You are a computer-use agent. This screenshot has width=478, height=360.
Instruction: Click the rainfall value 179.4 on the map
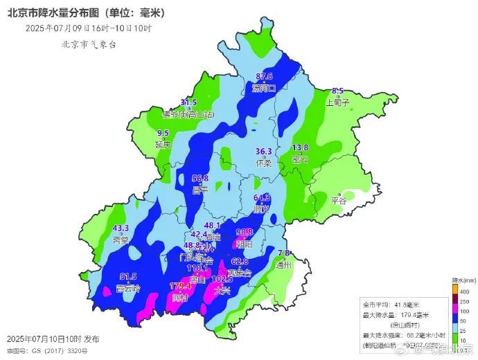click(180, 285)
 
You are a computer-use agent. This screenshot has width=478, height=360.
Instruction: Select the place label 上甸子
click(337, 102)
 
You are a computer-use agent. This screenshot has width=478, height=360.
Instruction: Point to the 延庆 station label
click(163, 145)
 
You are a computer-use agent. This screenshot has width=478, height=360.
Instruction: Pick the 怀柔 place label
click(264, 163)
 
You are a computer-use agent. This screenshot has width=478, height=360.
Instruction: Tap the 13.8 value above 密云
click(300, 147)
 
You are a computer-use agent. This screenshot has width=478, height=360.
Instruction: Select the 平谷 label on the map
click(338, 200)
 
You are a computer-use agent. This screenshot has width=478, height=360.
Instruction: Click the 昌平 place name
click(200, 190)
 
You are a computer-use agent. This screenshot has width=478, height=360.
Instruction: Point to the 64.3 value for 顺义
click(261, 197)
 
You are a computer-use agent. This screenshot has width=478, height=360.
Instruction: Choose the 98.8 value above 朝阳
click(245, 232)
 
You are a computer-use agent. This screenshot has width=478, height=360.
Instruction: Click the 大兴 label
click(222, 291)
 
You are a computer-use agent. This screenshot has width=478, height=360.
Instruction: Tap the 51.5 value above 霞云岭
click(128, 276)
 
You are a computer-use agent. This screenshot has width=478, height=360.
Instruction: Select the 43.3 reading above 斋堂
click(121, 228)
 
